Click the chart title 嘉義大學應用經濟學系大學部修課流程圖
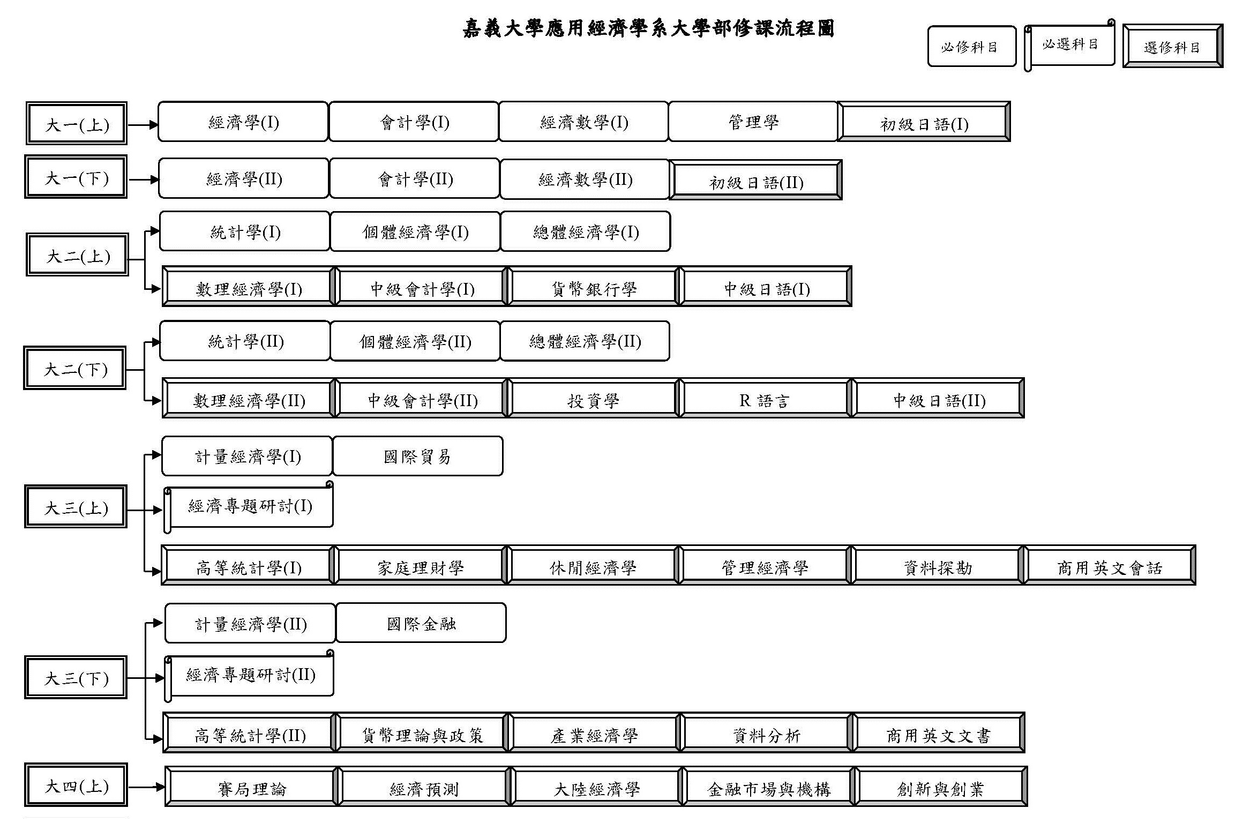click(648, 28)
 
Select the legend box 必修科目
click(971, 46)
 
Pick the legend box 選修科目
click(1173, 46)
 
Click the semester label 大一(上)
click(77, 123)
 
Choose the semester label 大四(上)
click(76, 785)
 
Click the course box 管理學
click(753, 122)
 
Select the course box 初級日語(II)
click(755, 179)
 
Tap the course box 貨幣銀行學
click(594, 287)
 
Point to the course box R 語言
click(765, 398)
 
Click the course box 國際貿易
click(417, 456)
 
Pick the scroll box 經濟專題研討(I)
click(249, 507)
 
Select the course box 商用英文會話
click(1110, 565)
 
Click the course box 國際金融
click(421, 623)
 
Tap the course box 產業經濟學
click(594, 733)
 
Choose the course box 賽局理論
click(251, 787)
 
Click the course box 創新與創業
click(941, 787)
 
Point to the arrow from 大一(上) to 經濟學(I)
click(143, 125)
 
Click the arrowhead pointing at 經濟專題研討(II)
click(160, 678)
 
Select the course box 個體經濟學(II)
click(415, 341)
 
